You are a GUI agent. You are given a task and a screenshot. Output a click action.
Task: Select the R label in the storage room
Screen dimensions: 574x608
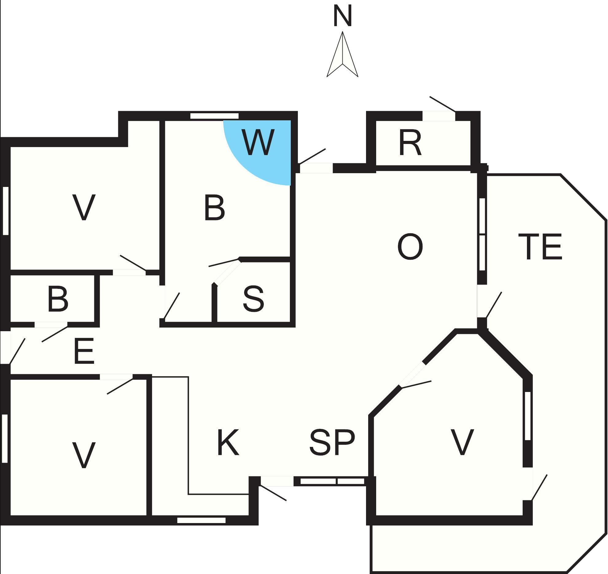pyautogui.click(x=410, y=143)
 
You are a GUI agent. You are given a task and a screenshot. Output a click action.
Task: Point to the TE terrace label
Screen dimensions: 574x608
pyautogui.click(x=540, y=246)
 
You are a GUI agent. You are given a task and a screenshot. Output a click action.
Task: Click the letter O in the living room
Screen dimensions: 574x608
pyautogui.click(x=410, y=246)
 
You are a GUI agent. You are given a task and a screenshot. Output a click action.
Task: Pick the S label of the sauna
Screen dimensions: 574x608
pyautogui.click(x=253, y=298)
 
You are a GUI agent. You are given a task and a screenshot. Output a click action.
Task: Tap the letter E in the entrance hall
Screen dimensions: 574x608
pyautogui.click(x=84, y=351)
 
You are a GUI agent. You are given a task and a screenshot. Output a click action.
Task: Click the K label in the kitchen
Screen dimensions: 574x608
pyautogui.click(x=228, y=442)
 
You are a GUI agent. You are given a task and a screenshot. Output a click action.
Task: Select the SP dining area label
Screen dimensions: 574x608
pyautogui.click(x=332, y=442)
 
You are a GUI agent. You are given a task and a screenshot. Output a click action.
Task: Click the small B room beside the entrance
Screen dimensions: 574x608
pyautogui.click(x=58, y=298)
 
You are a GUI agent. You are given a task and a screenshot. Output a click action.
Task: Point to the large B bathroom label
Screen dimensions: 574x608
pyautogui.click(x=214, y=208)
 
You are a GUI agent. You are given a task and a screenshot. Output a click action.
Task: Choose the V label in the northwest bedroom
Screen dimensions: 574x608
pyautogui.click(x=84, y=207)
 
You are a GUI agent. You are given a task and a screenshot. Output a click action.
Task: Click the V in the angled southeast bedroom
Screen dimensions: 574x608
pyautogui.click(x=462, y=442)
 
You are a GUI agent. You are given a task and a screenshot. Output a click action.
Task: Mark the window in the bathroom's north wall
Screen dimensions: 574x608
pyautogui.click(x=214, y=116)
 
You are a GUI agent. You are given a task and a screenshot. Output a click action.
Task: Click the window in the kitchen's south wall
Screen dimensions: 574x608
pyautogui.click(x=201, y=520)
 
